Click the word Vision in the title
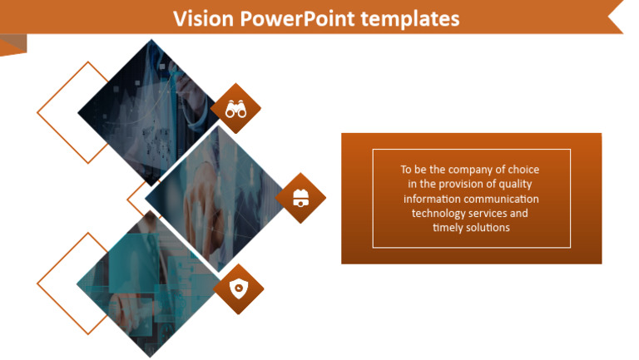(x=200, y=18)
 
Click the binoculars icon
(x=235, y=108)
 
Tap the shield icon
(x=238, y=288)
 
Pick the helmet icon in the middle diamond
(x=300, y=199)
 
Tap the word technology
(x=438, y=214)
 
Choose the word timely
(x=448, y=228)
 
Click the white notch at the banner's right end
(x=617, y=17)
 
